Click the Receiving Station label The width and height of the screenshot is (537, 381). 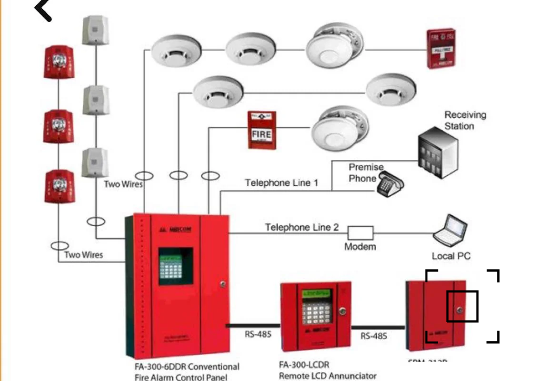(465, 120)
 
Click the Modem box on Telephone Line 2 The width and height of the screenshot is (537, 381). (360, 233)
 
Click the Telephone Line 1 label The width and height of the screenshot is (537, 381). (282, 183)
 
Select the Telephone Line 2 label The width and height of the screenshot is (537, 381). (302, 227)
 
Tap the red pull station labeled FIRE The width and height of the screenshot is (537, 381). (262, 129)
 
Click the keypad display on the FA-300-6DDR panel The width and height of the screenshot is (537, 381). (176, 266)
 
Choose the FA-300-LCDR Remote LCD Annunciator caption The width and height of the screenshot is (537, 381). (327, 370)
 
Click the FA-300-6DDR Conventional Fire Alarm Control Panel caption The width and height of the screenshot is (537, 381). (187, 371)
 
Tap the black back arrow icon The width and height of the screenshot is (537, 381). (44, 10)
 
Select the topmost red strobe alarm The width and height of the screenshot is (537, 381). (58, 63)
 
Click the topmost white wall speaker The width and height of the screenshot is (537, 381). (95, 30)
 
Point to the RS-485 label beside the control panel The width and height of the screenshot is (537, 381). (258, 334)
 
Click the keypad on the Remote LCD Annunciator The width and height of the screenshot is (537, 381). (317, 310)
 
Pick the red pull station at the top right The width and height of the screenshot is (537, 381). (440, 49)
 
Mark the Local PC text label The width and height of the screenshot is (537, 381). (451, 256)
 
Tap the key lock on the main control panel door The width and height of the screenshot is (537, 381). (223, 284)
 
